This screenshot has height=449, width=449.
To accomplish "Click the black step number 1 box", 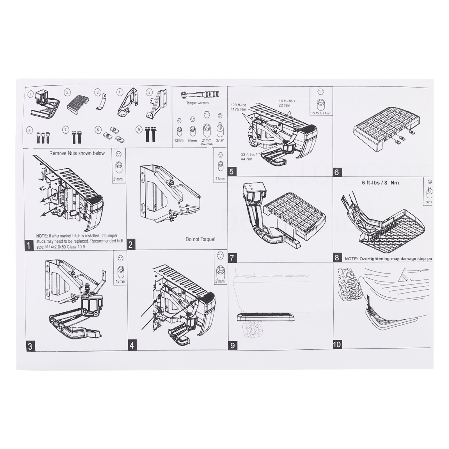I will [29, 245].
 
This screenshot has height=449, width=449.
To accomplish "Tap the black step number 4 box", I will [132, 345].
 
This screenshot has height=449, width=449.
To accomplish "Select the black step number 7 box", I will [232, 258].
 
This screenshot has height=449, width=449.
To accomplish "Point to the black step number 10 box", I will [337, 344].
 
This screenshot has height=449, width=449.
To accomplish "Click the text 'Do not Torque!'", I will [200, 239].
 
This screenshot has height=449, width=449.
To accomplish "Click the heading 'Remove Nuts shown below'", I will [77, 153].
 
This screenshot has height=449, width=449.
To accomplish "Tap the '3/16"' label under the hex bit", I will [220, 141].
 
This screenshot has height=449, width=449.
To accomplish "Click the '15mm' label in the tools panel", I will [192, 141].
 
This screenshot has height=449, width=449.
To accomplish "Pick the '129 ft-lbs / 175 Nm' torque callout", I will [238, 107].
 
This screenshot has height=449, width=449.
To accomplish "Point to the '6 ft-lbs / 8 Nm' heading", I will [380, 183].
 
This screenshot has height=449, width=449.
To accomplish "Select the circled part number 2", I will [67, 92].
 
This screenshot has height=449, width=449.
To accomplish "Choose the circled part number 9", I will [139, 129].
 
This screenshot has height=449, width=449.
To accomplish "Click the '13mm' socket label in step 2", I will [220, 179].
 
